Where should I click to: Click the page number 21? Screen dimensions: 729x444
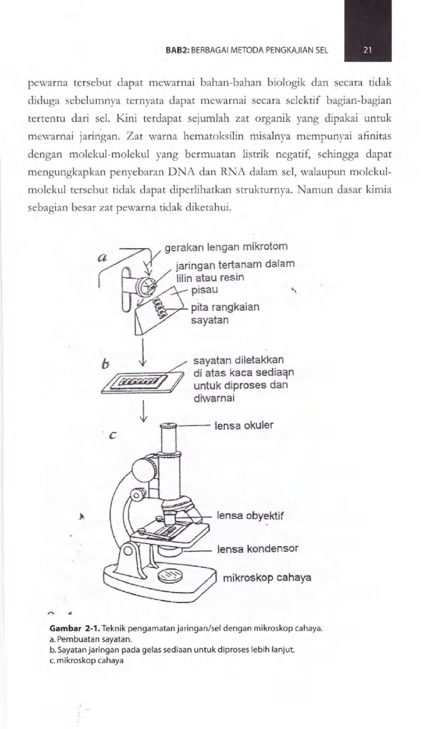click(368, 51)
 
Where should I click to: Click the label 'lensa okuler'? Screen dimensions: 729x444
click(244, 425)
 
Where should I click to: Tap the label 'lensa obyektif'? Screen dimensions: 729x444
click(250, 516)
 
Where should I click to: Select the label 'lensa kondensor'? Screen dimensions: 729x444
click(258, 549)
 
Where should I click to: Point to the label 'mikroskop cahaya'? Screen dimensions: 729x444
click(267, 578)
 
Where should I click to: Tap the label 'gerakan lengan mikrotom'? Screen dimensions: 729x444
click(226, 247)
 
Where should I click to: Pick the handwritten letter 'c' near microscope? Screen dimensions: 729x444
click(113, 436)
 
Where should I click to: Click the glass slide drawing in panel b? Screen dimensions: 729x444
click(142, 382)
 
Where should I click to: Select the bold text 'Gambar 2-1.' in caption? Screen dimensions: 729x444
click(74, 629)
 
